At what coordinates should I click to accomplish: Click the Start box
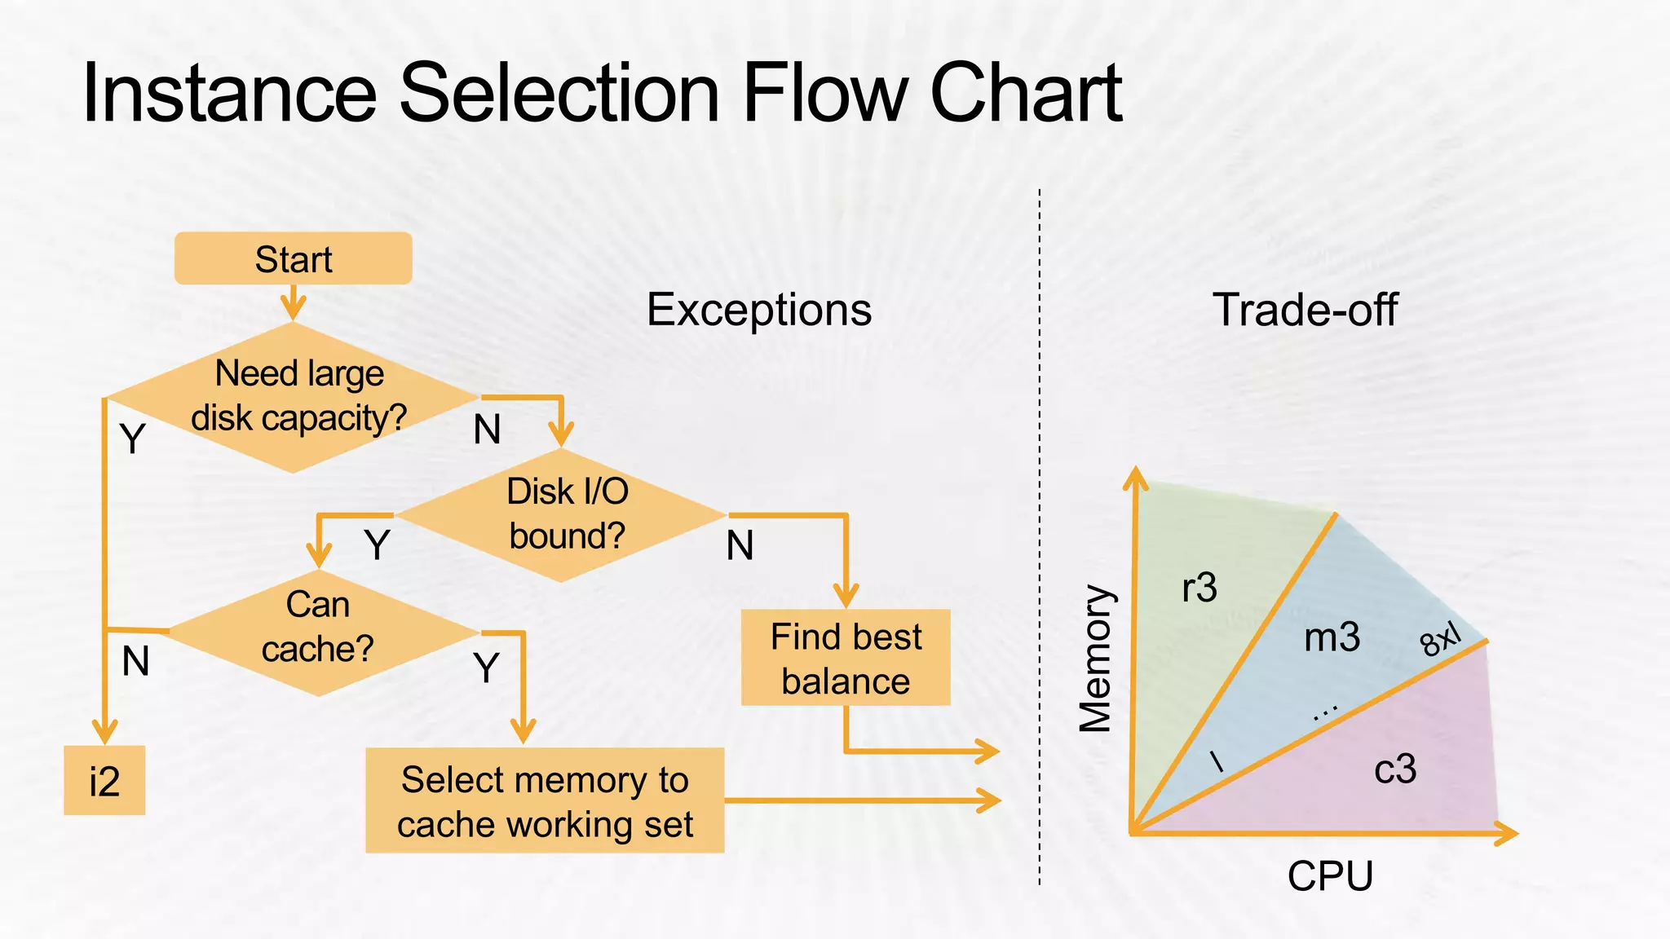[293, 258]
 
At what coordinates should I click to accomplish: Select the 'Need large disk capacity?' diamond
[294, 397]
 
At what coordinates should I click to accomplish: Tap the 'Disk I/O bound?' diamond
[563, 514]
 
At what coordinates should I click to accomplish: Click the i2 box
[104, 780]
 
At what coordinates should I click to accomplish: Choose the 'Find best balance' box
[846, 658]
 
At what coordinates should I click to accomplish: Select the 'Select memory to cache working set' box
[545, 800]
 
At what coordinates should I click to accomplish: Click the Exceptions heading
[758, 310]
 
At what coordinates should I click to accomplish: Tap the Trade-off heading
[1305, 310]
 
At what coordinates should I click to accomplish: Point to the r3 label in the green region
[1199, 587]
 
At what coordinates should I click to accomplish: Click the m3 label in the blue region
[1332, 637]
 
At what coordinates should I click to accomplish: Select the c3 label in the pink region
[1395, 769]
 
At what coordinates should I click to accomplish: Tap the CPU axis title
[1330, 876]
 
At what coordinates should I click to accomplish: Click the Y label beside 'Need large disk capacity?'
[132, 439]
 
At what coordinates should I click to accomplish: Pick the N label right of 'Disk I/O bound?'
[740, 545]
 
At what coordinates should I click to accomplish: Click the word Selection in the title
[559, 94]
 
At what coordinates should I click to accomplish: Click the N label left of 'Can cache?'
[135, 661]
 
